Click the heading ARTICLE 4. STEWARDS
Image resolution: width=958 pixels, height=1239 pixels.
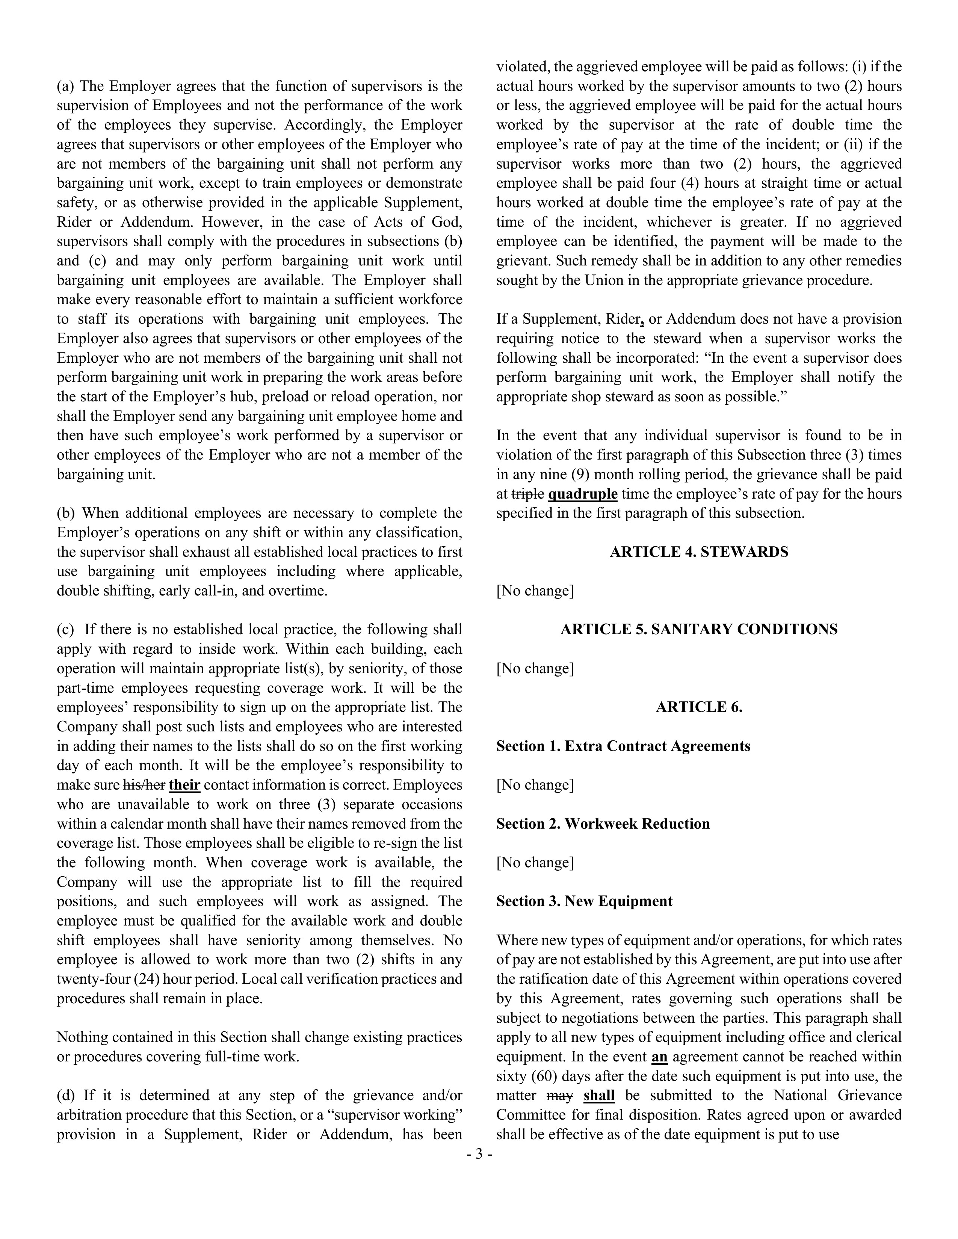pos(699,552)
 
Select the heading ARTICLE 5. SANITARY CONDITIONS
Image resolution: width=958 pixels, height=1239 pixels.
pos(699,630)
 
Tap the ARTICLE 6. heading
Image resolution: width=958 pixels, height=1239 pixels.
pos(699,707)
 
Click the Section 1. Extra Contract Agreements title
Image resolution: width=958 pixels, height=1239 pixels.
pos(623,746)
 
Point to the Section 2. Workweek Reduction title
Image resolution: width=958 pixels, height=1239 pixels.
pos(603,824)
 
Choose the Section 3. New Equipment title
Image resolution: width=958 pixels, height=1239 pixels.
pos(584,901)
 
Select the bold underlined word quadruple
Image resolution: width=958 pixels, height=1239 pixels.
pos(582,494)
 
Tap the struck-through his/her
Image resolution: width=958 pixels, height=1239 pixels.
pos(144,785)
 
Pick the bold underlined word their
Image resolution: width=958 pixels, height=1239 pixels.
pos(184,785)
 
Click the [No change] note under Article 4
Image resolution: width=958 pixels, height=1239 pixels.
pos(535,591)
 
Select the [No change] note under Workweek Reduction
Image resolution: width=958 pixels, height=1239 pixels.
pos(535,863)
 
